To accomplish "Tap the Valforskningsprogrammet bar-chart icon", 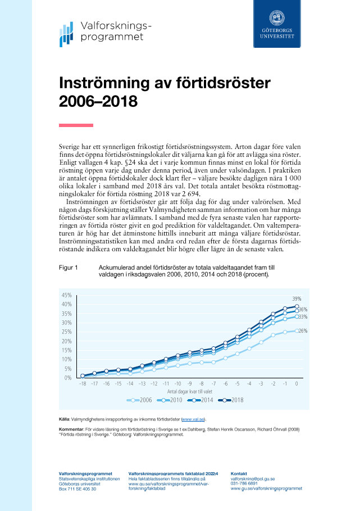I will (67, 35).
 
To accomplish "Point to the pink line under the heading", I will (76, 125).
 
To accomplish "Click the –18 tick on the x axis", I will (83, 383).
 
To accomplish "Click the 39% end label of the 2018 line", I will (296, 299).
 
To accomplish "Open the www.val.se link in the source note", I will (194, 419).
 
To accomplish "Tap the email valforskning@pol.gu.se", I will (253, 479).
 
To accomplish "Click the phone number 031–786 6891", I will (244, 483).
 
